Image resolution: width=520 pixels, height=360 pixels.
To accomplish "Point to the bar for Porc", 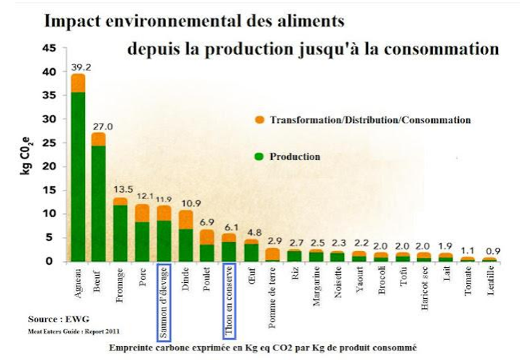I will coord(143,233).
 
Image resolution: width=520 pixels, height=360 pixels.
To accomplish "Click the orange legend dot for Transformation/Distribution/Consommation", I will coord(258,120).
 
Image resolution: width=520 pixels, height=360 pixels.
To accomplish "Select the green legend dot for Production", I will coord(258,156).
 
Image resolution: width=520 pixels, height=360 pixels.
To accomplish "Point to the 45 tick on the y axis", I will coord(49,49).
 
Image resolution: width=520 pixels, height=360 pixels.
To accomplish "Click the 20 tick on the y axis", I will coord(49,167).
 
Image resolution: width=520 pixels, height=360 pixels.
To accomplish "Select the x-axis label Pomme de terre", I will coord(273,287).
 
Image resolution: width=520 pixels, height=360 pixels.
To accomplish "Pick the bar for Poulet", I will coord(207,246).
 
